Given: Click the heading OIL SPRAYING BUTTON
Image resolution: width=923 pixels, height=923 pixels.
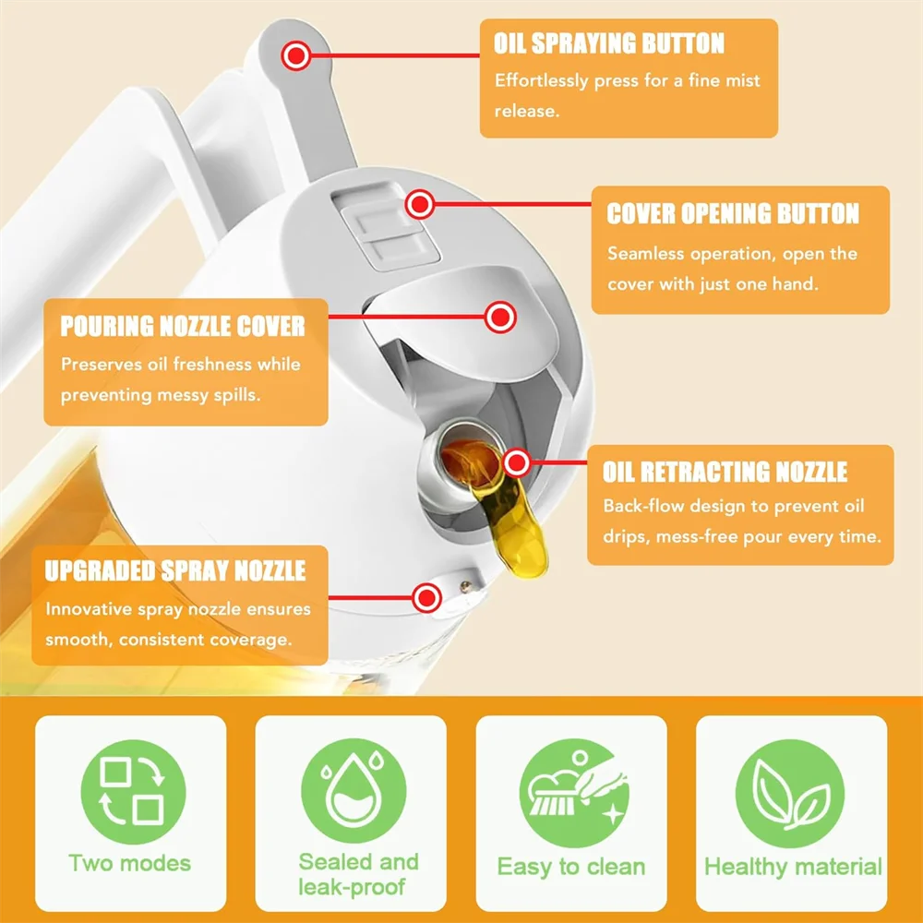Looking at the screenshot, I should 609,43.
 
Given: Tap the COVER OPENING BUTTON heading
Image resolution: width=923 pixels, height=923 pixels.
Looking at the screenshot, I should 733,214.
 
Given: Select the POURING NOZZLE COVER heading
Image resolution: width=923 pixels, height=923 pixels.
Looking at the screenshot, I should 183,326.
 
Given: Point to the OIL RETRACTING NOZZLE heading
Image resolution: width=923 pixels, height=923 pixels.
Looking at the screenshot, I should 725,473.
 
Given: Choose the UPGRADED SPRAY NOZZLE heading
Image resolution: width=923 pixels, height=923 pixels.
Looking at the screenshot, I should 175,570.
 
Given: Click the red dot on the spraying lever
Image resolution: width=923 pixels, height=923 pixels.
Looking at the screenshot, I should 296,56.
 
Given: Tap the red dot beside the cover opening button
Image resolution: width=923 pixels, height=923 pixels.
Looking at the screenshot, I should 420,203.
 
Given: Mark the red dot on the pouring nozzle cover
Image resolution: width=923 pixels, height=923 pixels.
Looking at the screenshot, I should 500,318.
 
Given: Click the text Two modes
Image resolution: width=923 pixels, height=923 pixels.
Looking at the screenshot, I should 130,864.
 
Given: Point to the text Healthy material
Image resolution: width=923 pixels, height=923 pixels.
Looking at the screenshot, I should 793,867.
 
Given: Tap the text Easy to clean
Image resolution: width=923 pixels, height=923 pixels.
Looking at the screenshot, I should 571,867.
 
